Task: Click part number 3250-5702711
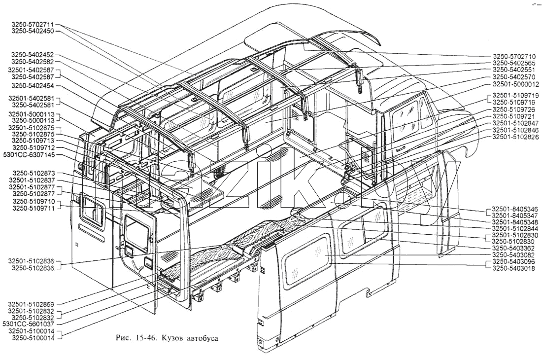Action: pos(33,25)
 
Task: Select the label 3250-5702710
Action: pos(513,56)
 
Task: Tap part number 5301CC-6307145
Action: pos(29,154)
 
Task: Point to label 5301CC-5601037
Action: pos(29,324)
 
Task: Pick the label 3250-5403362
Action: pos(513,248)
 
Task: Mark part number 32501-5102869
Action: pos(32,304)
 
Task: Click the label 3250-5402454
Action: pos(33,86)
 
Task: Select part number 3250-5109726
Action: pos(513,109)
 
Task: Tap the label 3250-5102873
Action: pos(34,173)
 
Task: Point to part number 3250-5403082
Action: pos(513,255)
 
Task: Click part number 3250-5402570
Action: pos(513,77)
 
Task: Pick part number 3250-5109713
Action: pos(33,141)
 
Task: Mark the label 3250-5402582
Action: pos(33,62)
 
